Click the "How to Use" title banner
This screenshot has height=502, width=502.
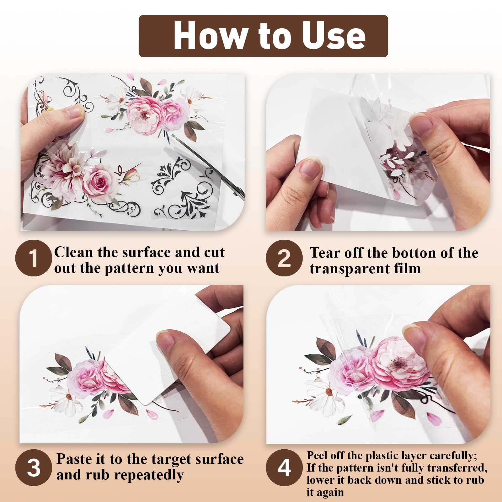point(264,36)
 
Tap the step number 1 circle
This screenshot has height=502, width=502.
point(34,258)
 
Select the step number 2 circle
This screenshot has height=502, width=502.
point(284,258)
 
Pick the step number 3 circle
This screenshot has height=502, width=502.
point(34,467)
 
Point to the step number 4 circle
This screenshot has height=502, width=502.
point(284,467)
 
